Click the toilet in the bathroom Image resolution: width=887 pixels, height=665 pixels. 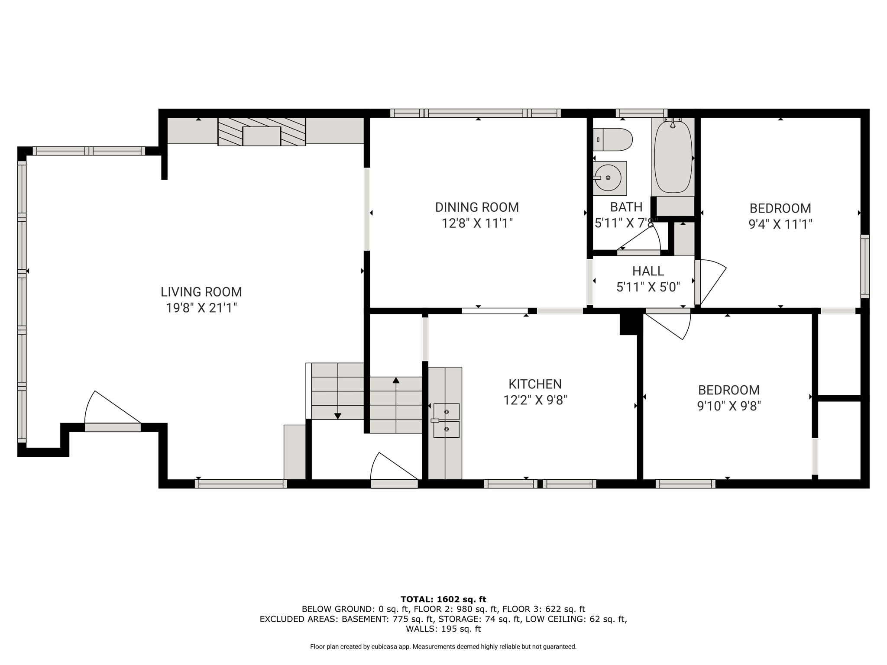612,139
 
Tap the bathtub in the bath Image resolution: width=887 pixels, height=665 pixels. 673,156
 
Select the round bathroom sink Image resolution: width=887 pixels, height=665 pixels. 609,178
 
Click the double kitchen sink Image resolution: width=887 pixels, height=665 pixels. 446,420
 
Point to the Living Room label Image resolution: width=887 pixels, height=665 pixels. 201,292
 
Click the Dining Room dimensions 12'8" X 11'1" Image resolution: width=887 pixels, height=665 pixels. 477,223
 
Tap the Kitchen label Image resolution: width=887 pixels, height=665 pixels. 535,384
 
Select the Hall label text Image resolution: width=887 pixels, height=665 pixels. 648,271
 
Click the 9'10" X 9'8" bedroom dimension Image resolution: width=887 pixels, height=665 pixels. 729,406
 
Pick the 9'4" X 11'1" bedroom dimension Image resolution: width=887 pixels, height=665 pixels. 780,224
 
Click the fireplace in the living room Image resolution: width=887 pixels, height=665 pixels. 262,132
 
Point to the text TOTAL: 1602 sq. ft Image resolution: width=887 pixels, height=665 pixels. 443,600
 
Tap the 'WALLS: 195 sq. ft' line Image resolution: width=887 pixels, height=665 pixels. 443,629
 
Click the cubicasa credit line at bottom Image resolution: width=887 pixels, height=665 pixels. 443,647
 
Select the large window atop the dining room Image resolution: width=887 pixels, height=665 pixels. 476,113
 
